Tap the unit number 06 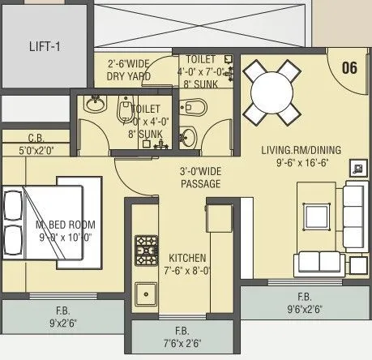(x=349, y=67)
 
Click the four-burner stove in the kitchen (x=147, y=246)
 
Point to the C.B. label (x=36, y=137)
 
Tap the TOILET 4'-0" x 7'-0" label (x=201, y=71)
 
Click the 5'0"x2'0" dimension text (x=36, y=149)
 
